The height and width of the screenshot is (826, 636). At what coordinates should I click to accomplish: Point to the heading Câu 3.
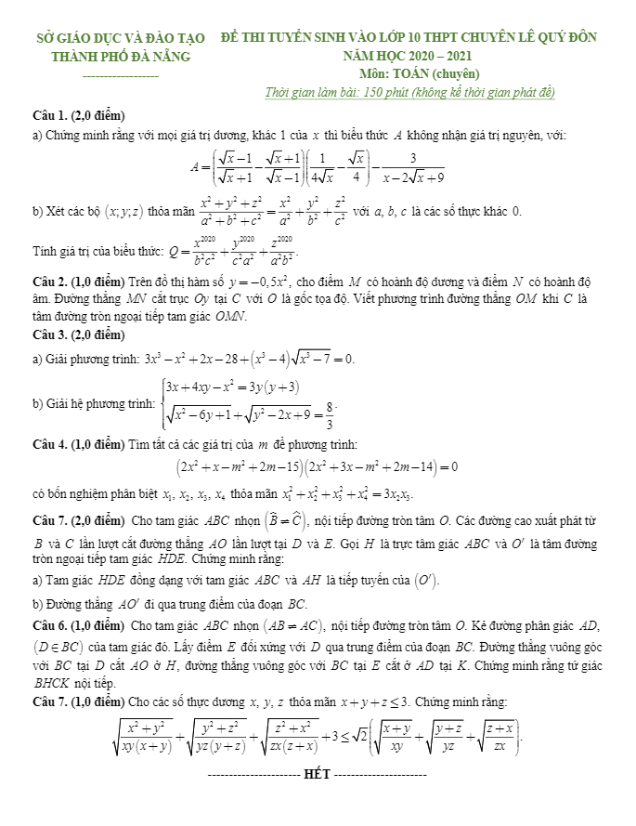coord(49,334)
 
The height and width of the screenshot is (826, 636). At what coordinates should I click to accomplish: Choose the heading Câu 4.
coord(49,444)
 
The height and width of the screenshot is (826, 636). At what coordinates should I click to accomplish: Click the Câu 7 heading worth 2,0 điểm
coord(49,518)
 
